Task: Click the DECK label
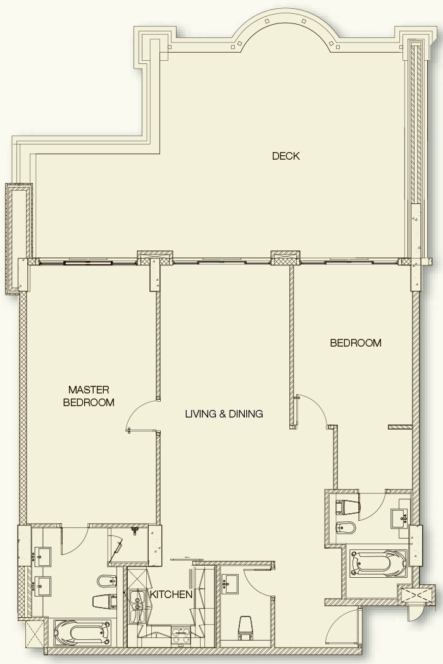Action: pos(285,156)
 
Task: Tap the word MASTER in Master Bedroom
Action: pos(89,389)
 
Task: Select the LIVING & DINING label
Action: pos(224,413)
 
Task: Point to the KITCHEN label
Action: pos(172,594)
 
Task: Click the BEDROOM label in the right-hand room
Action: pos(356,343)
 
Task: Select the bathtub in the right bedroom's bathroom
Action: pos(378,563)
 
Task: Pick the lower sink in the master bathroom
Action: pos(42,586)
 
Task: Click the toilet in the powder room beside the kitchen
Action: pos(244,629)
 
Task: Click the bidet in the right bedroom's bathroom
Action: pos(346,528)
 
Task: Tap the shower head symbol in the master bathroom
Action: pos(135,530)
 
